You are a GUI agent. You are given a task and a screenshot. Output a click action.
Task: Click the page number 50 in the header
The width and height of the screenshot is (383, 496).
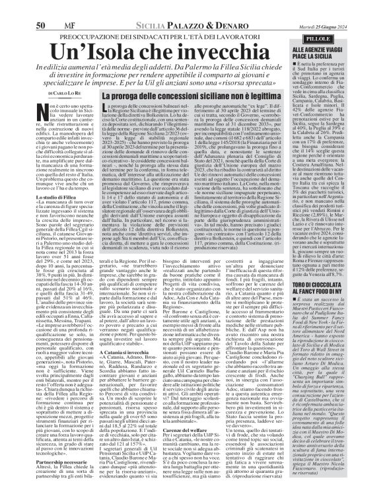point(13,7)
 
